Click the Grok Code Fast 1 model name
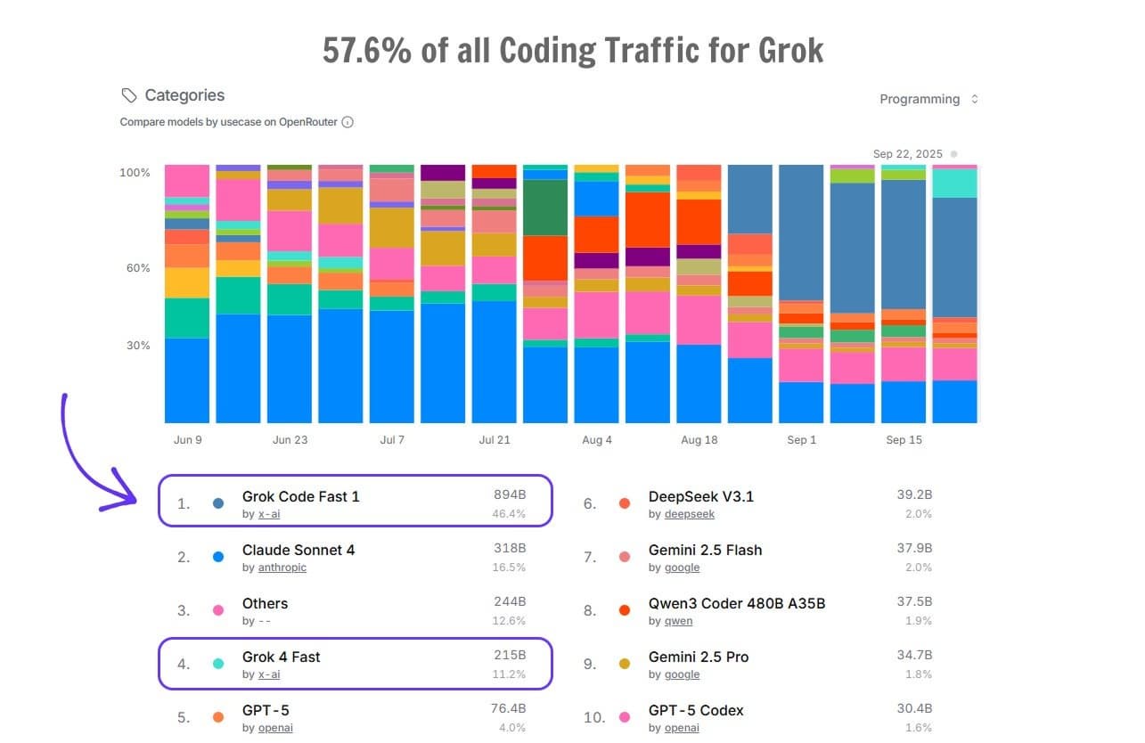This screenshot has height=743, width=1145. (301, 496)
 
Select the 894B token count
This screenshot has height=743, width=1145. (510, 495)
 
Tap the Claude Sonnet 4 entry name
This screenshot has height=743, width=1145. (299, 550)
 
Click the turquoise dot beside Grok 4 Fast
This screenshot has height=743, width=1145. (218, 664)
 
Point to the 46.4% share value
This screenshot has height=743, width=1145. (509, 514)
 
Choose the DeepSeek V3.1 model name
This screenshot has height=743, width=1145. (701, 496)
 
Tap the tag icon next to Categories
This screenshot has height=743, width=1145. (129, 95)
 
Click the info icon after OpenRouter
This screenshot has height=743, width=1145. (348, 122)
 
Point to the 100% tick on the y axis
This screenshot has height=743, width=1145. (135, 172)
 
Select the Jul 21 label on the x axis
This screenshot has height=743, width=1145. (495, 440)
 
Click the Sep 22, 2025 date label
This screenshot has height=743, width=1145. (907, 154)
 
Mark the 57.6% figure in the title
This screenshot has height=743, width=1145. (367, 51)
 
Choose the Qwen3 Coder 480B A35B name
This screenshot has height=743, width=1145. (737, 603)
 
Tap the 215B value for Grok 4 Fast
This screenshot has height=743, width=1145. (510, 656)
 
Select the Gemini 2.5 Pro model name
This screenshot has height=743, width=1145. (699, 657)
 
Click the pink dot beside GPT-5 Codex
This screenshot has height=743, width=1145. (625, 717)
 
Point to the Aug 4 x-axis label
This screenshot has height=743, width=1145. (597, 440)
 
